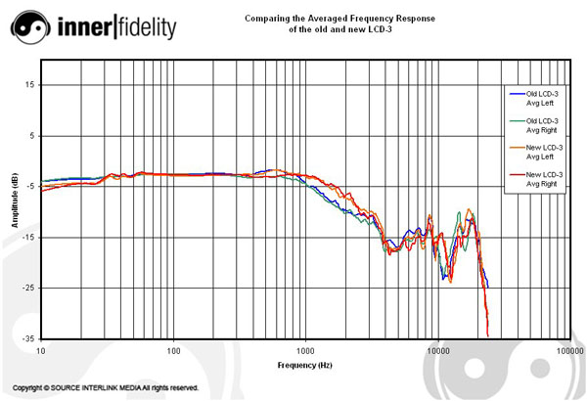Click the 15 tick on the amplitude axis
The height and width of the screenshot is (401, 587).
pyautogui.click(x=30, y=85)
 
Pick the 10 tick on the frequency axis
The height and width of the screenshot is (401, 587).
pyautogui.click(x=41, y=349)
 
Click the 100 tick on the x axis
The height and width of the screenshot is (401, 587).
pyautogui.click(x=173, y=349)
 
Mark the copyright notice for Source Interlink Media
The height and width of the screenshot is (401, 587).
pyautogui.click(x=106, y=388)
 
